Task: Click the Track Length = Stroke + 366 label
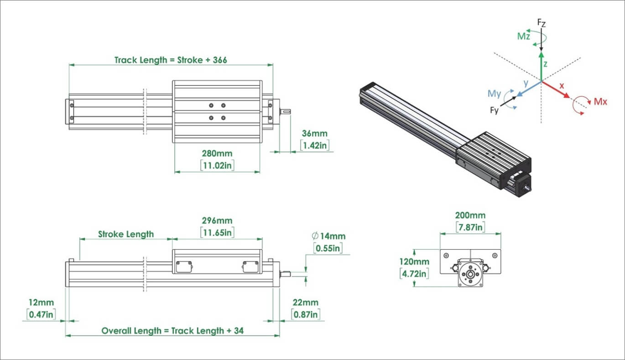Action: click(x=170, y=60)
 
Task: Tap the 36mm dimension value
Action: click(x=314, y=134)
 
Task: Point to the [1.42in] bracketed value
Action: click(x=315, y=145)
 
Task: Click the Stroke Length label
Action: click(x=126, y=234)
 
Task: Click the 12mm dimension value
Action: click(x=41, y=303)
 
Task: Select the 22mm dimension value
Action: click(x=306, y=303)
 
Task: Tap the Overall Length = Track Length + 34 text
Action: click(x=172, y=330)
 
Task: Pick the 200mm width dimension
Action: click(x=470, y=215)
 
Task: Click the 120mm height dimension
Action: click(x=414, y=262)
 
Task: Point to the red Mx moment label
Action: click(x=600, y=102)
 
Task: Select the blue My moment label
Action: click(x=495, y=94)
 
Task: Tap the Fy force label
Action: click(x=495, y=110)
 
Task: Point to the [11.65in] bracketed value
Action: click(x=217, y=232)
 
